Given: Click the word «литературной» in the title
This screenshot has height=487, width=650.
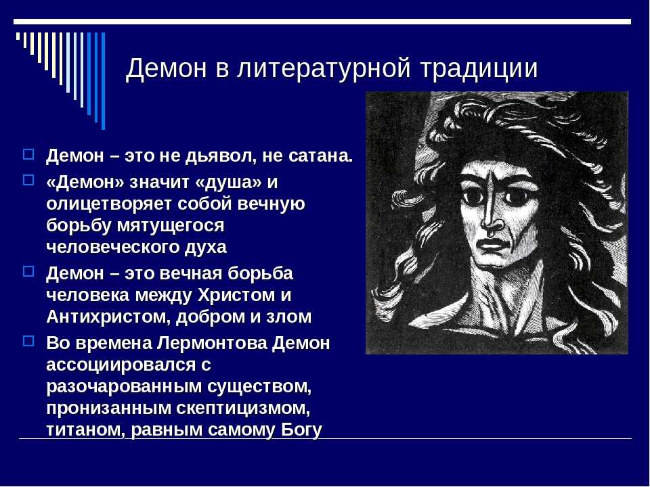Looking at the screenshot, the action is tap(324, 68).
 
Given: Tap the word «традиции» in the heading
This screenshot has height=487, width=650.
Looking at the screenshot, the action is tap(479, 68).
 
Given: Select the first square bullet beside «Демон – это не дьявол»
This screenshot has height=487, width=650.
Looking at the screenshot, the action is tap(28, 154).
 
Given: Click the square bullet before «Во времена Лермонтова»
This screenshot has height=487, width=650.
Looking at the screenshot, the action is tap(28, 341).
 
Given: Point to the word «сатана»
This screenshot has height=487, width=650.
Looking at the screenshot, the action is tap(320, 156).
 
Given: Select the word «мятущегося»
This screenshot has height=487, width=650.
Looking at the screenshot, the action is tap(171, 226).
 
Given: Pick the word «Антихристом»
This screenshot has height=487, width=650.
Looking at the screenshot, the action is tap(108, 317).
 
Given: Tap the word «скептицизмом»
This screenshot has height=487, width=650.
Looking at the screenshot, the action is tap(243, 409).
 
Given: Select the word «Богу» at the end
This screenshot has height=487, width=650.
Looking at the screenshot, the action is tap(301, 430).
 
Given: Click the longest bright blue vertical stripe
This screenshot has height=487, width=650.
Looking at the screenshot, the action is tap(103, 80).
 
